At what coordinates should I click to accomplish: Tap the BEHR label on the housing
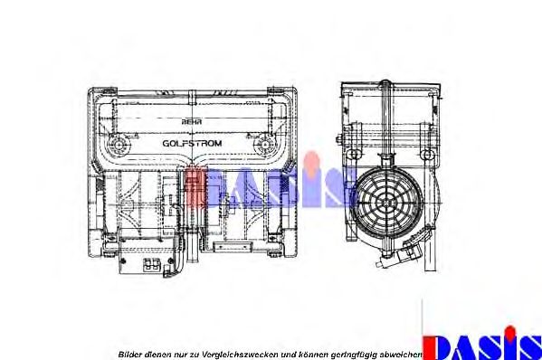191,120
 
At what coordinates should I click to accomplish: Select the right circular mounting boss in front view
263,144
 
